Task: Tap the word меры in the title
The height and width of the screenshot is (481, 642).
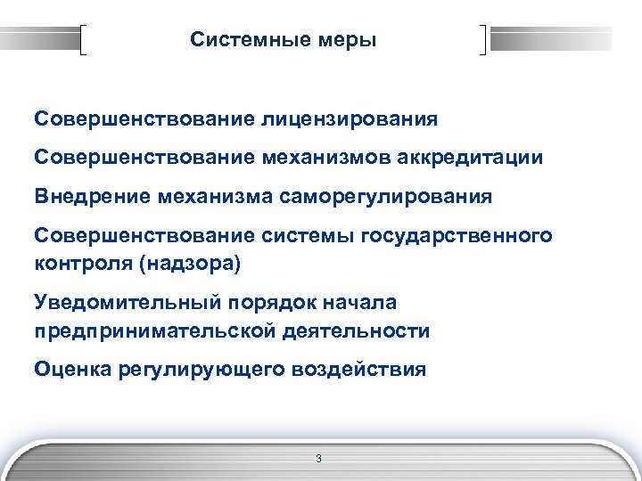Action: click(350, 40)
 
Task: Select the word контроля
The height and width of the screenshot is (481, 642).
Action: click(85, 264)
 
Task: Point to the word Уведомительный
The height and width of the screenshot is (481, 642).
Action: click(115, 303)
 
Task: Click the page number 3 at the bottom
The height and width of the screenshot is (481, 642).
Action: click(318, 458)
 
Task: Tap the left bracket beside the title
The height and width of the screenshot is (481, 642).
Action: click(85, 41)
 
